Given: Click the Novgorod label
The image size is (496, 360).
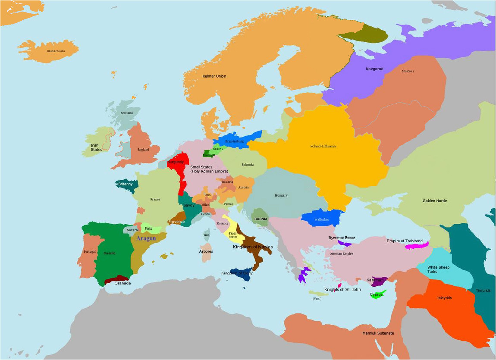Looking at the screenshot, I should (x=374, y=69).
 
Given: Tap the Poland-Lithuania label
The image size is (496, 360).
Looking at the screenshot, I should (x=323, y=146).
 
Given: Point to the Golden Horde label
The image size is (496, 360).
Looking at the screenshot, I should (x=434, y=201).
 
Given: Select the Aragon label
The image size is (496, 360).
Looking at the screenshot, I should (x=146, y=238).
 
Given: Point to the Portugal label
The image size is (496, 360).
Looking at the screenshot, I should (x=90, y=252).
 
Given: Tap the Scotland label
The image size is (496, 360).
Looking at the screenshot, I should (x=127, y=113).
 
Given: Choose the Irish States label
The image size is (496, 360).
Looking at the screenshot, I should (x=96, y=147).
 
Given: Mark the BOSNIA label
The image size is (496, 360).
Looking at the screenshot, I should (x=261, y=219).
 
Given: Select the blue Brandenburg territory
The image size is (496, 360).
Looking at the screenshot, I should (x=235, y=140).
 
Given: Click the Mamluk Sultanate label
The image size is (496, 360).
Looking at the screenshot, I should (x=378, y=333).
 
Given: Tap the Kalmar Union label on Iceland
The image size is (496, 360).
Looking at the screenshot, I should (x=56, y=51).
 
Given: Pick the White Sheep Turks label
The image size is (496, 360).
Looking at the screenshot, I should (x=438, y=269).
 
